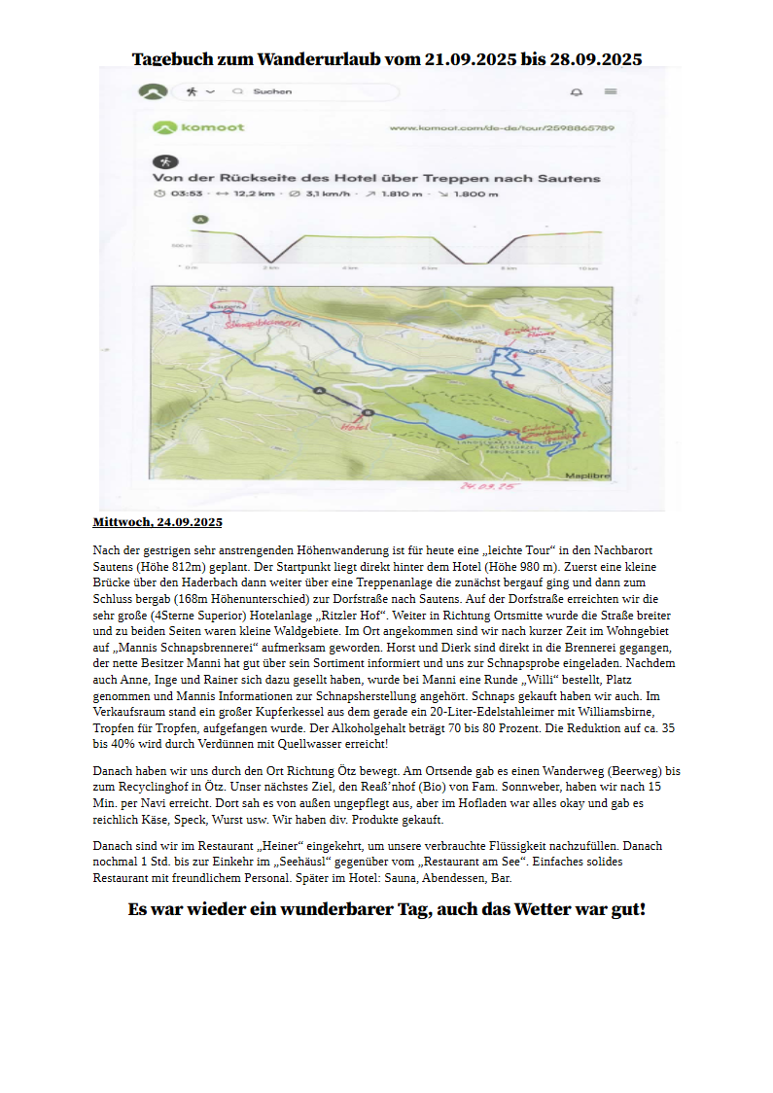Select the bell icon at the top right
pyautogui.click(x=576, y=92)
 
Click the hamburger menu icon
pyautogui.click(x=611, y=92)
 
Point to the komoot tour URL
pyautogui.click(x=502, y=128)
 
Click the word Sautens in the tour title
pyautogui.click(x=569, y=178)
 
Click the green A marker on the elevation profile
pyautogui.click(x=200, y=220)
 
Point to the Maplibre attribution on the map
pyautogui.click(x=588, y=476)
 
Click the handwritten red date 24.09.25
pyautogui.click(x=489, y=485)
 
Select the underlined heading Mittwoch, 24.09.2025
pyautogui.click(x=158, y=522)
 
